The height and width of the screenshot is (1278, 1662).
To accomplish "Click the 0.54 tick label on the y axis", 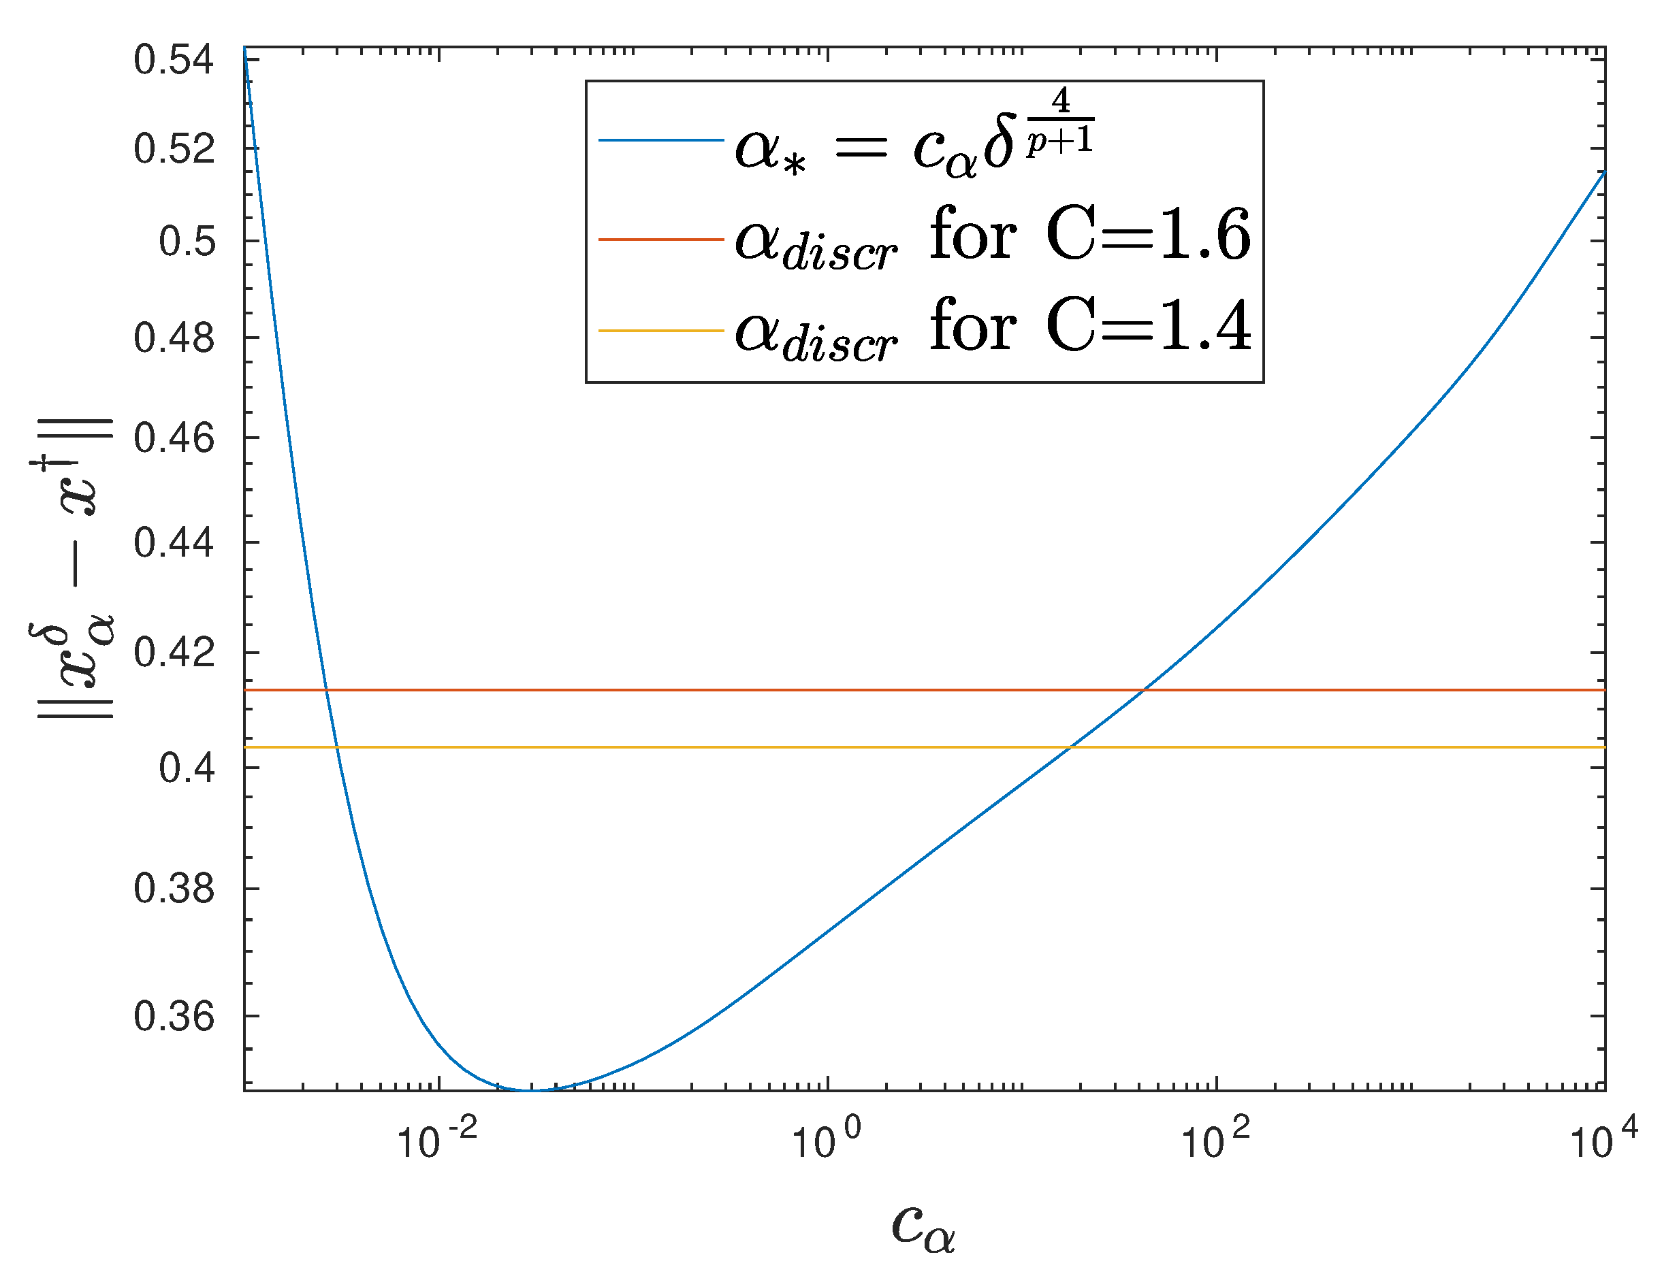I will click(174, 60).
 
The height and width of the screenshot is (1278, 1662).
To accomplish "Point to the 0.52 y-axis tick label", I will click(174, 148).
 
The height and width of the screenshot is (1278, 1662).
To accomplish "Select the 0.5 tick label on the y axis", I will click(187, 242).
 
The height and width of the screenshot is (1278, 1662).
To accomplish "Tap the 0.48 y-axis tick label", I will click(174, 338).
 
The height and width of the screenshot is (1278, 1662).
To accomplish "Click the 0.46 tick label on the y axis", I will click(174, 439).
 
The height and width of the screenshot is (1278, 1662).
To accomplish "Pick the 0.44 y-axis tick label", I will click(174, 543).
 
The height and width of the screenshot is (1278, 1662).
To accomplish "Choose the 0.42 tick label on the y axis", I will click(174, 653).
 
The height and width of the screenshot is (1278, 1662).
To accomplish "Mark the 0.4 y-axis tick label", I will click(187, 768).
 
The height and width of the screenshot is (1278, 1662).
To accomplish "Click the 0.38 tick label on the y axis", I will click(174, 889).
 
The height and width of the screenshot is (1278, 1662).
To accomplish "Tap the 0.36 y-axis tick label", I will click(174, 1016).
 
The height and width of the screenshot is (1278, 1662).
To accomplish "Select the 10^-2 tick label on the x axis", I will click(437, 1141).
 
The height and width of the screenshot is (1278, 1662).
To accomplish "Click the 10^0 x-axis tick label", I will click(827, 1141).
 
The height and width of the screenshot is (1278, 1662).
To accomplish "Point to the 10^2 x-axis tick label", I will click(1215, 1141).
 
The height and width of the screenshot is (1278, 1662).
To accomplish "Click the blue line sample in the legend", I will click(660, 140).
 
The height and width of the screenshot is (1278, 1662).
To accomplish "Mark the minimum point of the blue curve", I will click(532, 1090).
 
